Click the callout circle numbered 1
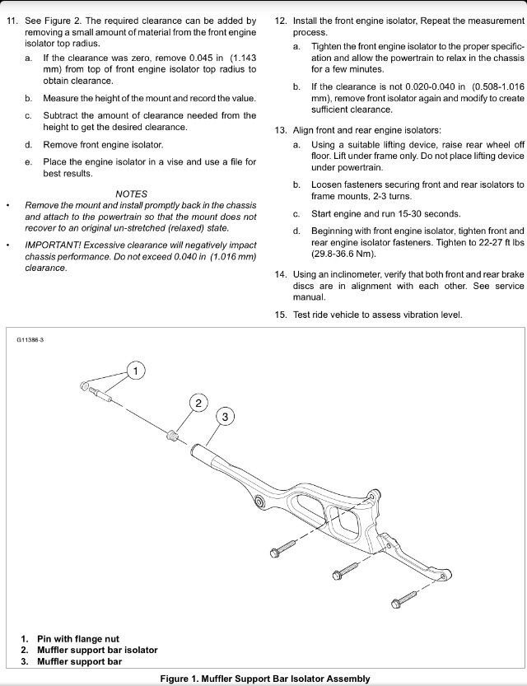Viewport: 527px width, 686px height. (137, 371)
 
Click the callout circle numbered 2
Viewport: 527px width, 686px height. (198, 403)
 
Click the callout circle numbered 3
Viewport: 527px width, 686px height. (226, 416)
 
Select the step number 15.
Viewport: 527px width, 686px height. (281, 315)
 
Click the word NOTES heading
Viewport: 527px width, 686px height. (132, 194)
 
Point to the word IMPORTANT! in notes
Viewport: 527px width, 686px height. (54, 245)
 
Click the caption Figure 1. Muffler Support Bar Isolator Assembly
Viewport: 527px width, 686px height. (264, 679)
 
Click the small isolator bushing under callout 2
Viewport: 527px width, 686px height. (173, 435)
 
